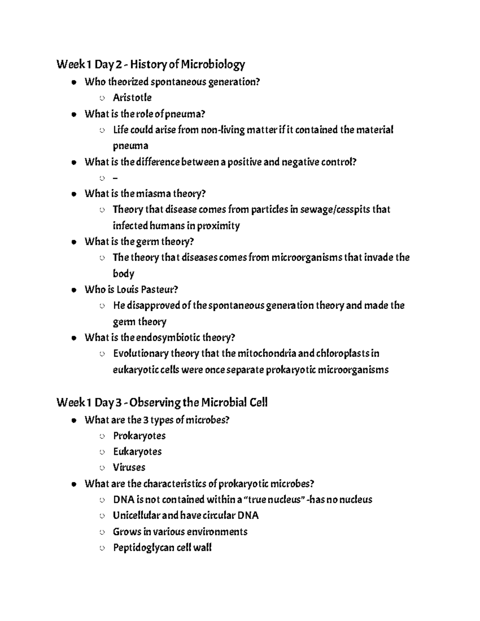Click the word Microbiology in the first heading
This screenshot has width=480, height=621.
point(213,64)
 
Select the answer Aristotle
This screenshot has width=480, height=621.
point(132,98)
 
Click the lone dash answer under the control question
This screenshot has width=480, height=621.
point(116,178)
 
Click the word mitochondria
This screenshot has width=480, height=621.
point(267,353)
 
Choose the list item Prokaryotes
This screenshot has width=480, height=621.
point(139,436)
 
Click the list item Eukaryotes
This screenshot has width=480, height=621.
point(137,452)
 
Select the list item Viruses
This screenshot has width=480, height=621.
point(129,467)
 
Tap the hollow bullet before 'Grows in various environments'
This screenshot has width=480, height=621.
point(102,532)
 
